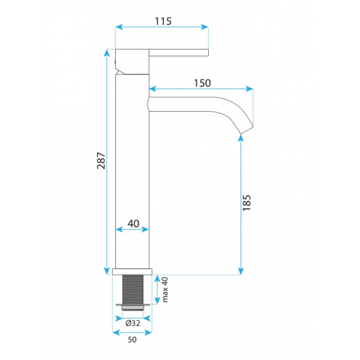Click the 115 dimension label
click(163, 21)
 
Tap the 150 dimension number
click(202, 83)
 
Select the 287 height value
click(101, 160)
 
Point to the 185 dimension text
click(247, 203)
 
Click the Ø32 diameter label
click(133, 323)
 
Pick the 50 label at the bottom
click(132, 340)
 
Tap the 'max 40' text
click(165, 290)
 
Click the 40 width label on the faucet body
click(133, 223)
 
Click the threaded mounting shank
click(133, 290)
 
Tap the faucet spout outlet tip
click(247, 130)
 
